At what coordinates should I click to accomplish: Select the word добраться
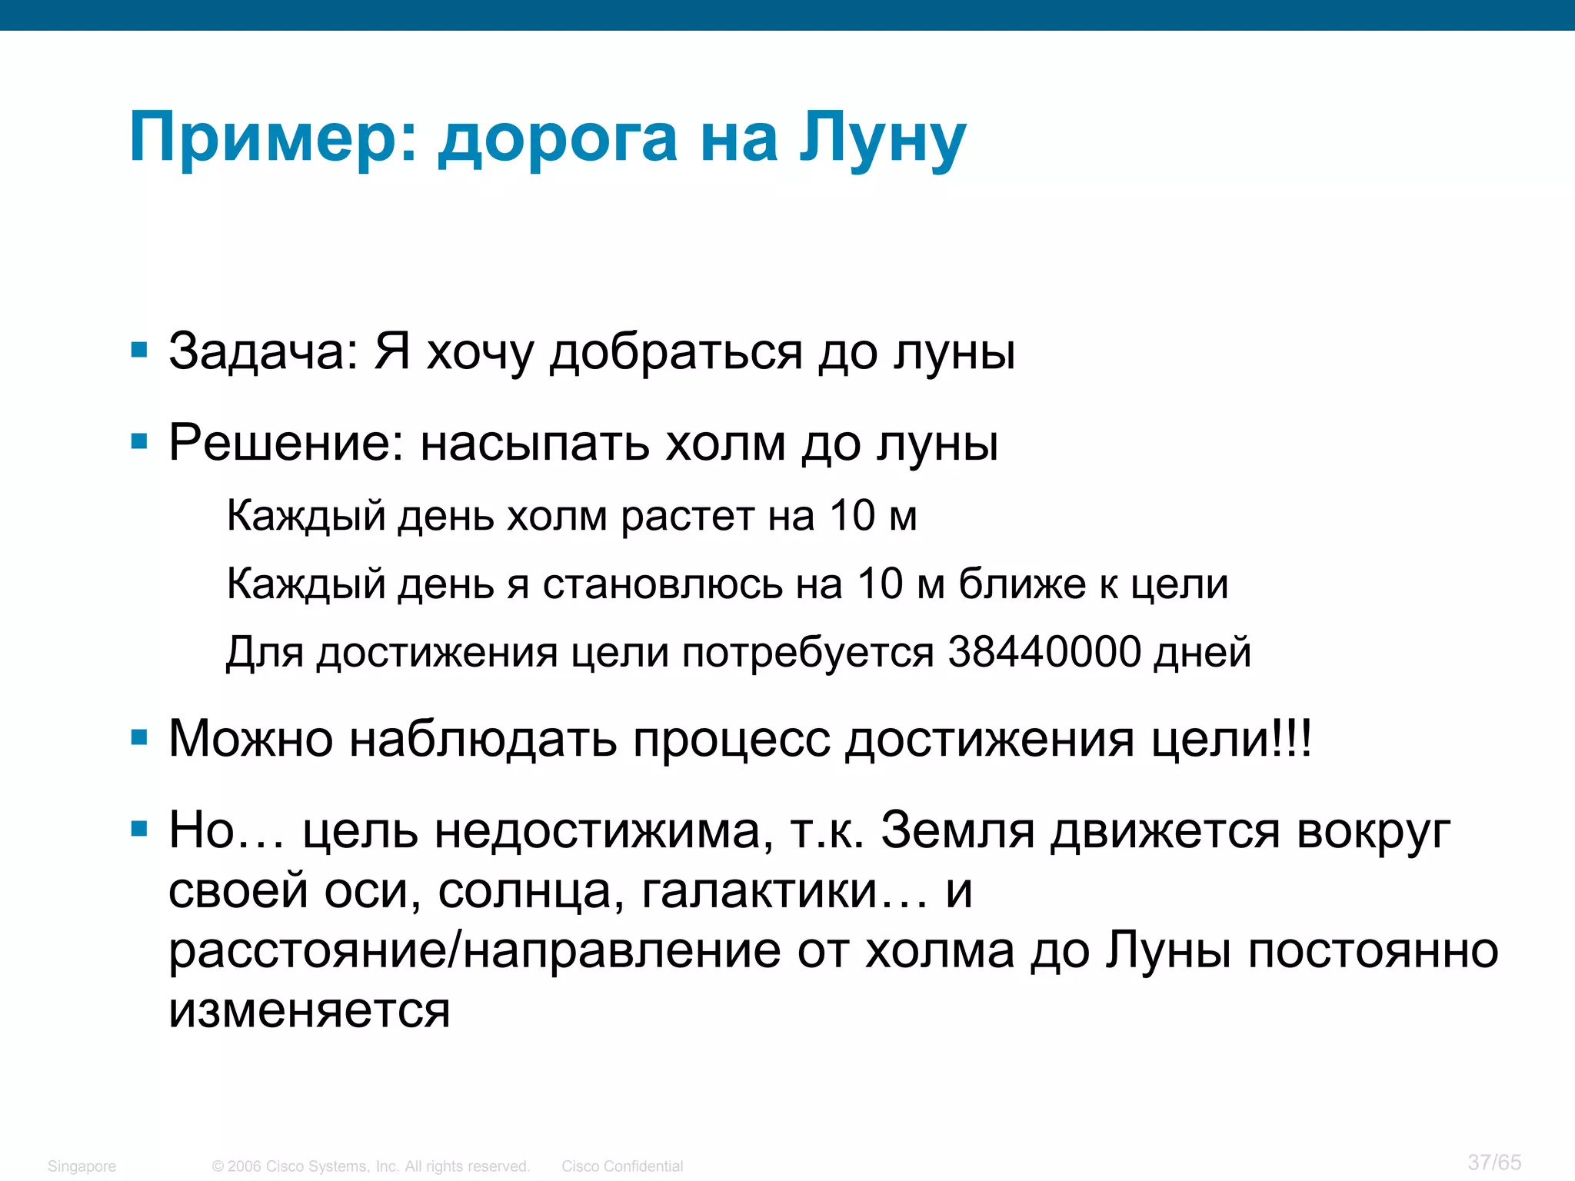point(676,352)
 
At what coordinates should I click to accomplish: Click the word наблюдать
point(483,740)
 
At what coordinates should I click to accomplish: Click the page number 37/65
point(1494,1162)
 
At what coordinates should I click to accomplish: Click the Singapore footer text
point(82,1166)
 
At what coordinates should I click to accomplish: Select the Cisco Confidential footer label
point(622,1166)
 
